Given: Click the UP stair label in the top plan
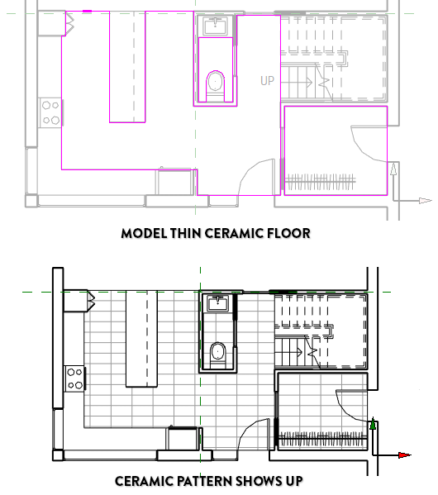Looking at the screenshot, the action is click(x=267, y=81).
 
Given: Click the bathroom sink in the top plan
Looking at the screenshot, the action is click(x=215, y=26).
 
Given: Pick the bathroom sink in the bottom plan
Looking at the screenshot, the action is click(x=217, y=303).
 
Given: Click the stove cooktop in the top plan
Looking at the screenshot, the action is click(x=50, y=112).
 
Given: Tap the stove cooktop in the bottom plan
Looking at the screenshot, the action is click(x=75, y=378).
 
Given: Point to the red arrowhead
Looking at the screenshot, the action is click(x=404, y=455).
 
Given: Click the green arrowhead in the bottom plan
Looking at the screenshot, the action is click(x=373, y=423).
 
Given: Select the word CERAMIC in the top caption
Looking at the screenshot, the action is click(x=233, y=234).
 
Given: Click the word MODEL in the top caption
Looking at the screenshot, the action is click(x=144, y=234).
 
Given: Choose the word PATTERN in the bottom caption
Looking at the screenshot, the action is click(x=204, y=482).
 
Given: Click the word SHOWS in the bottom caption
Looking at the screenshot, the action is click(x=259, y=482).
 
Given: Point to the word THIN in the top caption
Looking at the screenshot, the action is click(x=186, y=234).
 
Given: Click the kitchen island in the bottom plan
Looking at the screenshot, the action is click(x=141, y=339).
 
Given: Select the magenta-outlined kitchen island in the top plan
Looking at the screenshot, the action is click(x=127, y=67).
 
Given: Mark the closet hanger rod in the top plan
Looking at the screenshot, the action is click(x=321, y=182).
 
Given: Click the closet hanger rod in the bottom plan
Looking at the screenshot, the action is click(x=322, y=438).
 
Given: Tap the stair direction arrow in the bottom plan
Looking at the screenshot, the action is click(x=288, y=352).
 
